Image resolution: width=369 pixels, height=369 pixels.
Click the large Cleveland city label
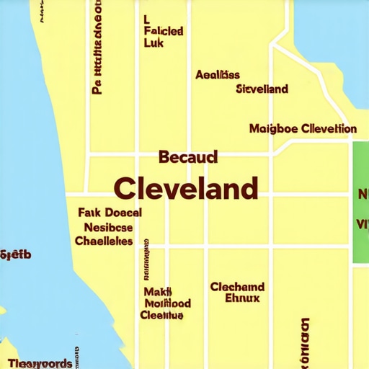click(x=186, y=188)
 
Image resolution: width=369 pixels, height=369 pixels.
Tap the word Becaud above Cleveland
click(x=187, y=156)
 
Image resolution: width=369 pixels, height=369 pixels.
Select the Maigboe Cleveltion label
click(x=302, y=129)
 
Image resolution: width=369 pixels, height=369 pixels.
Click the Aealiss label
click(x=218, y=74)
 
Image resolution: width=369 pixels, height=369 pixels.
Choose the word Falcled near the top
click(x=163, y=32)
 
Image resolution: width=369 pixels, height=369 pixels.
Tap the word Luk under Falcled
click(x=154, y=45)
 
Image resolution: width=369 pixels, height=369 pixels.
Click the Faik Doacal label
click(x=109, y=213)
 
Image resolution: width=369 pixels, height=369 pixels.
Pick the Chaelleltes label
click(x=104, y=241)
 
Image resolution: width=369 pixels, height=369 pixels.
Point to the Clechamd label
click(x=237, y=287)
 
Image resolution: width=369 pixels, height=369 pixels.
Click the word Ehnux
click(x=241, y=298)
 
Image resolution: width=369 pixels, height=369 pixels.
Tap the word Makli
click(x=157, y=292)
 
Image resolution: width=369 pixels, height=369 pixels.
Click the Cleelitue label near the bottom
click(x=161, y=315)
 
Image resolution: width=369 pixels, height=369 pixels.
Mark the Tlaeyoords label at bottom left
click(x=40, y=363)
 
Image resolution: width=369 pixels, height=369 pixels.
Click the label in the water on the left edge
click(x=15, y=254)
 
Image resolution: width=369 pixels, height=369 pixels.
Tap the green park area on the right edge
click(x=360, y=204)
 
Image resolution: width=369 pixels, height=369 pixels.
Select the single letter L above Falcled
click(x=146, y=19)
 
